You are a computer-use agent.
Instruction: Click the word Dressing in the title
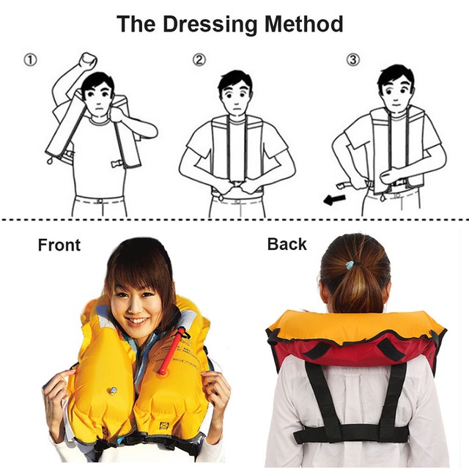pyautogui.click(x=211, y=23)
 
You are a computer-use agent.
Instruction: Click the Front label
pyautogui.click(x=59, y=245)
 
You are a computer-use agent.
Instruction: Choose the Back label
pyautogui.click(x=287, y=244)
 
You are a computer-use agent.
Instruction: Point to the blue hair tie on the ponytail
pyautogui.click(x=352, y=265)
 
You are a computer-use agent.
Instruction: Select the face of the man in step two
pyautogui.click(x=234, y=96)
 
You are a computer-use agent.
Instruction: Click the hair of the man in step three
pyautogui.click(x=395, y=75)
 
